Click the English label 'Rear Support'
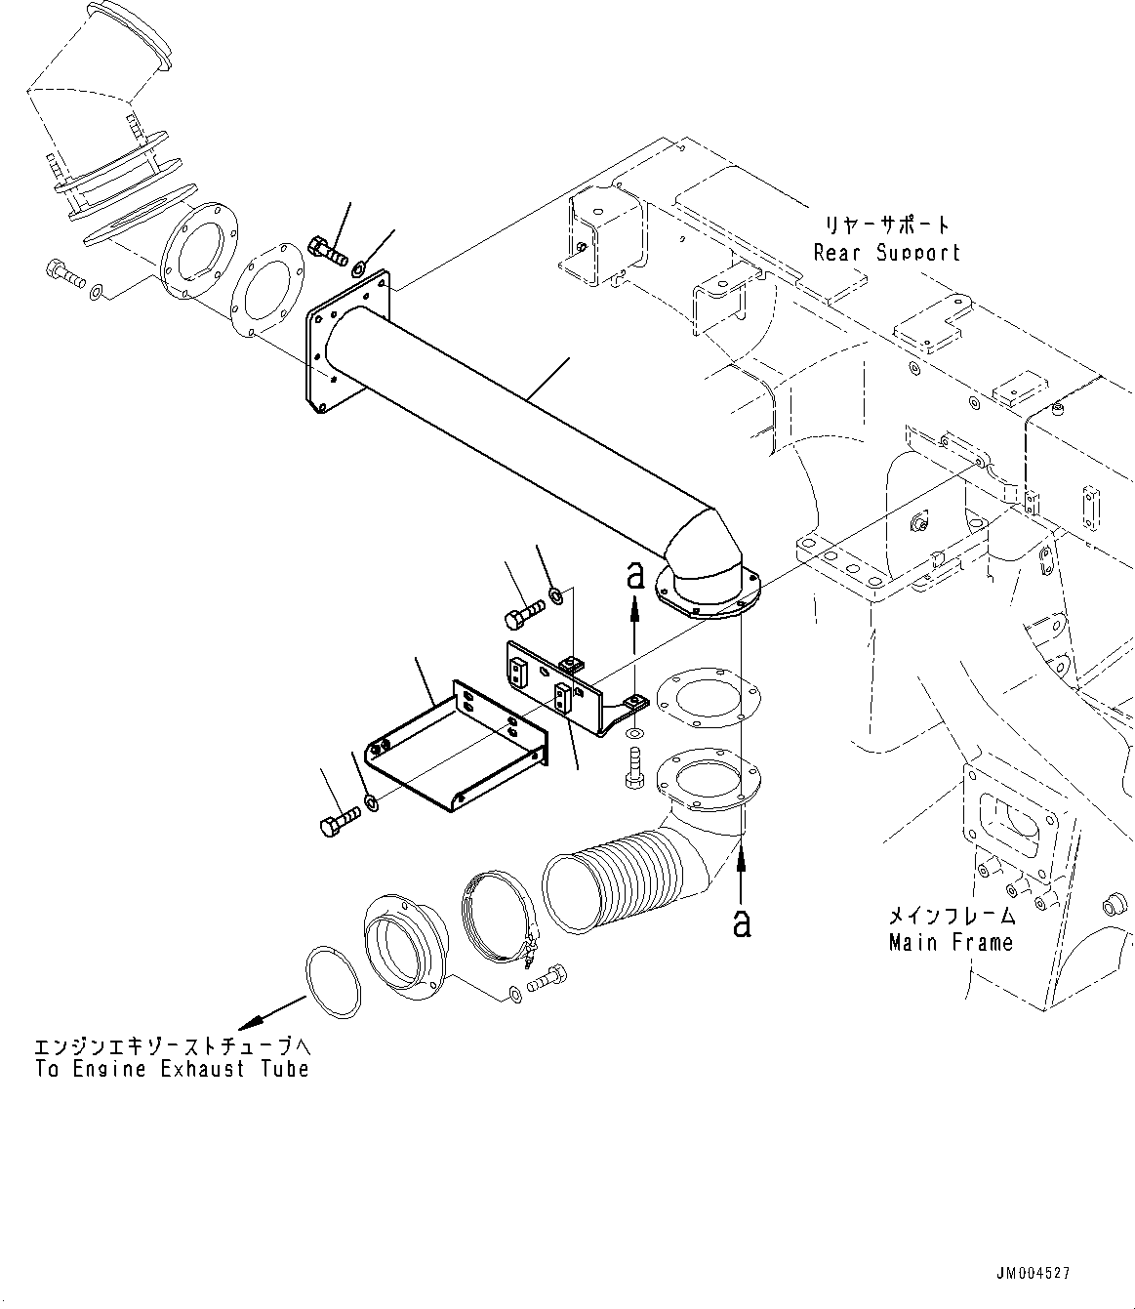click(886, 253)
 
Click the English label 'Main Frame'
click(950, 942)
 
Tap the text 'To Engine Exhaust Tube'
click(172, 1069)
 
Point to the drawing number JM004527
click(1034, 1273)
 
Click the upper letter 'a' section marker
click(635, 576)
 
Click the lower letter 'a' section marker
click(742, 921)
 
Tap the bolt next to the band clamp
click(548, 978)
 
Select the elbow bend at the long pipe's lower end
click(703, 556)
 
